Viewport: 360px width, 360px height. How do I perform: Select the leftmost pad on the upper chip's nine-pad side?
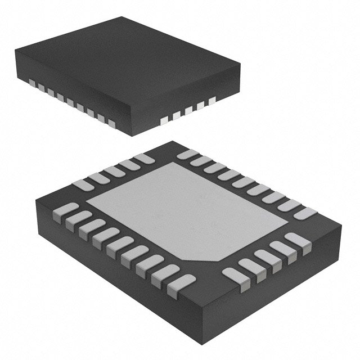pyautogui.click(x=32, y=84)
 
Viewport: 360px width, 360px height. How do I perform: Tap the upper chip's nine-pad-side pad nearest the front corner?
pyautogui.click(x=111, y=123)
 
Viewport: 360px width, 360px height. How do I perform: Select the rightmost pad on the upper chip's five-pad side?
pyautogui.click(x=212, y=101)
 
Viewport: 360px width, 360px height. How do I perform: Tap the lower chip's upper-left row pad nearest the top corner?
pyautogui.click(x=144, y=159)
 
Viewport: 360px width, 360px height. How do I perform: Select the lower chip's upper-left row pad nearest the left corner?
pyautogui.click(x=83, y=185)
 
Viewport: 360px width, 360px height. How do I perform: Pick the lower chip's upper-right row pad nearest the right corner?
pyautogui.click(x=305, y=213)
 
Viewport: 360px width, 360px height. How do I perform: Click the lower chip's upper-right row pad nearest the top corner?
pyautogui.click(x=187, y=154)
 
